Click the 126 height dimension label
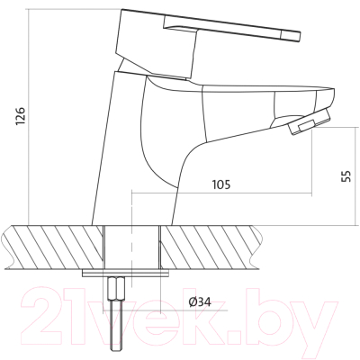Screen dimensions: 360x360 pos(22,115)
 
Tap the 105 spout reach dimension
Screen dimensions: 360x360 pos(221,184)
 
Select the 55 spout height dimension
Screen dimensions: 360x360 pos(346,176)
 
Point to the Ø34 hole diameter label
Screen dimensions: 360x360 pos(200,301)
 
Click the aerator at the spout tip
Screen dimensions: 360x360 pos(309,122)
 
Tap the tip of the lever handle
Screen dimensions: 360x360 pos(300,36)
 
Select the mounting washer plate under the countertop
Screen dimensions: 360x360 pos(125,274)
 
